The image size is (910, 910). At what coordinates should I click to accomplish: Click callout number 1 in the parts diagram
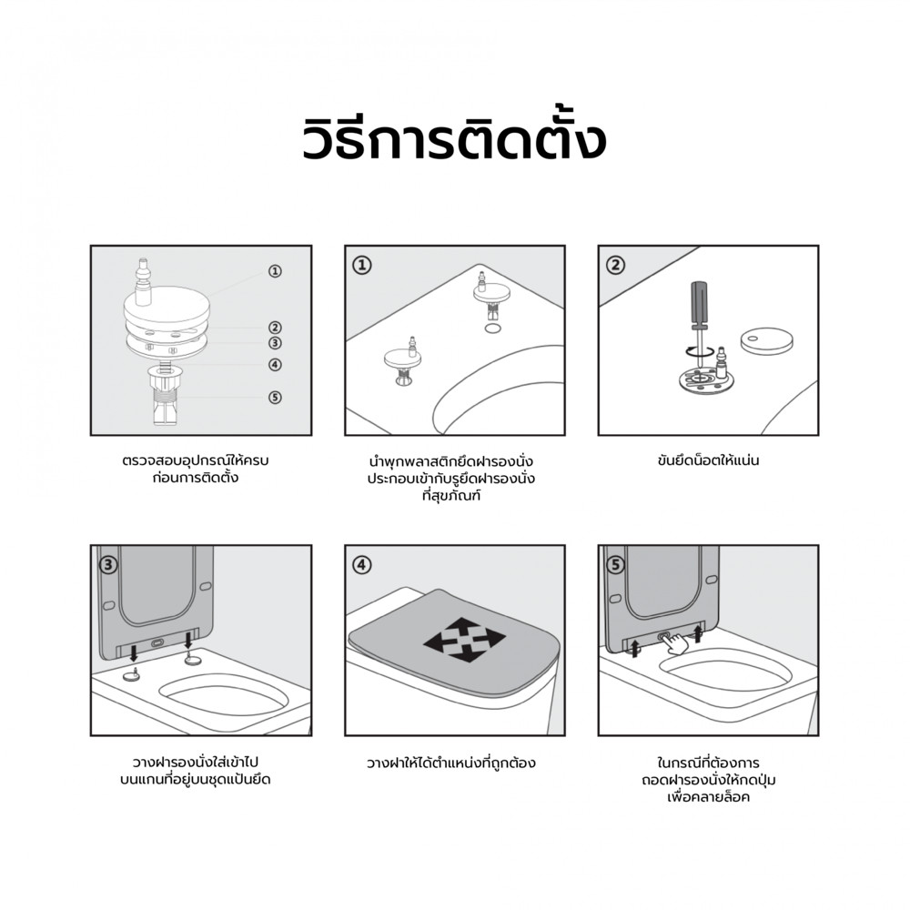point(275,271)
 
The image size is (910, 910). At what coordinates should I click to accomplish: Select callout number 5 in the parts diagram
point(275,398)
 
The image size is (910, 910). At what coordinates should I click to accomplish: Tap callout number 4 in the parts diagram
point(275,365)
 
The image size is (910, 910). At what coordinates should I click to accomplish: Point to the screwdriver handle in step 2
point(699,304)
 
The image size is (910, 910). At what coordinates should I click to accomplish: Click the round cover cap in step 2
point(766,340)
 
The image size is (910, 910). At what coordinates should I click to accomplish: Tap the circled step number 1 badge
point(362,266)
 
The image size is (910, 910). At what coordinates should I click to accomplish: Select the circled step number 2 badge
point(615,266)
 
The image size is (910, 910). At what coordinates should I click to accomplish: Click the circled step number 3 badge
point(108,565)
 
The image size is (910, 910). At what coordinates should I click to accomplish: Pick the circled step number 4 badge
point(362,565)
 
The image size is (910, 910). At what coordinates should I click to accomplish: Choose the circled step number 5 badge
point(615,565)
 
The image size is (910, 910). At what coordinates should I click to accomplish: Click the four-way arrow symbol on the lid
point(464,640)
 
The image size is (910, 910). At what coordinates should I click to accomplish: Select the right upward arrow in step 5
point(698,633)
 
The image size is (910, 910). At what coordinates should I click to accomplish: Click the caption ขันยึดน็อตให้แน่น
point(709,460)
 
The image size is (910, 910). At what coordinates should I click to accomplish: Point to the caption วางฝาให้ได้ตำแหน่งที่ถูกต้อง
point(451,763)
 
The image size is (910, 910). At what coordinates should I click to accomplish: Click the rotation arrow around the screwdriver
point(699,351)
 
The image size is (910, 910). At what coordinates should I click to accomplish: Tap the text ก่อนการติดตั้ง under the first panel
point(196,479)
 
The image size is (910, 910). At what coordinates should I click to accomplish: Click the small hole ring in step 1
point(492,329)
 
